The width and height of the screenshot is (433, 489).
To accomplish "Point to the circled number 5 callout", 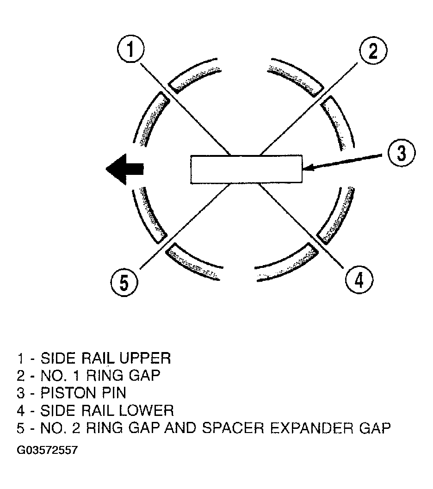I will coord(124,281).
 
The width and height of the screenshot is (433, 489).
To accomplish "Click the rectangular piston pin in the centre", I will coord(246,169).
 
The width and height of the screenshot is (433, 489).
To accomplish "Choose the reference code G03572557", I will coord(47,450).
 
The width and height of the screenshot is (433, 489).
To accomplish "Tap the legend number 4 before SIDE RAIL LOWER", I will coord(21,410).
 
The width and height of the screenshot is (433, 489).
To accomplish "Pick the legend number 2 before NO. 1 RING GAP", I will coord(21,376).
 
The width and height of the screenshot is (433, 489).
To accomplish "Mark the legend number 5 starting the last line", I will coord(21,428).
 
